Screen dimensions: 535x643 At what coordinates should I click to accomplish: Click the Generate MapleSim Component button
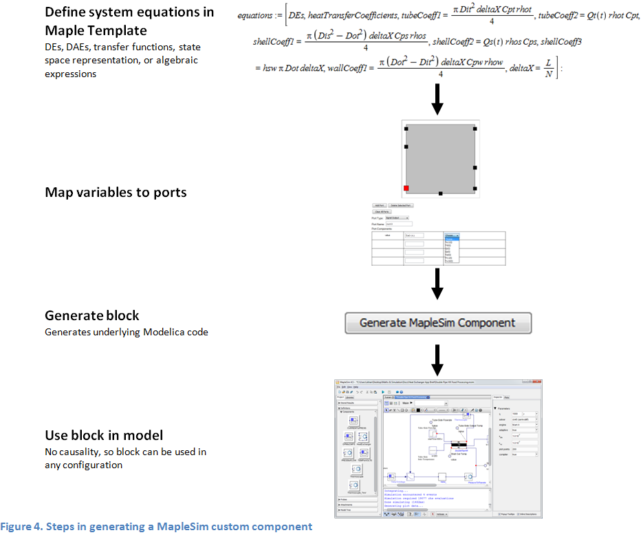tap(437, 323)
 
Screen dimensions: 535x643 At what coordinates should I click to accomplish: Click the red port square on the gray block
tap(406, 188)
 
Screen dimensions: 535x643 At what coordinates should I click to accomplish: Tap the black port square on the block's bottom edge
tap(441, 193)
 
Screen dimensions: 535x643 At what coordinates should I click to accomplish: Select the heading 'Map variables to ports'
tap(116, 192)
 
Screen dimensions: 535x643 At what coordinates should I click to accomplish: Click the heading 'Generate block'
tap(92, 315)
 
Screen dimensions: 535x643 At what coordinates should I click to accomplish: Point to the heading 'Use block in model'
tap(104, 435)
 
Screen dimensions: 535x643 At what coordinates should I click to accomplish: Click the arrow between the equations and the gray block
tap(437, 99)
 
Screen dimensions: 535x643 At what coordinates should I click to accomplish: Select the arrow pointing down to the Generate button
tap(437, 282)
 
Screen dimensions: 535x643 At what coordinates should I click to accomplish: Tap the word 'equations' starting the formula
tap(254, 15)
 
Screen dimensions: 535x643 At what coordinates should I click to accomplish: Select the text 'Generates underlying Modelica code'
tap(126, 332)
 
